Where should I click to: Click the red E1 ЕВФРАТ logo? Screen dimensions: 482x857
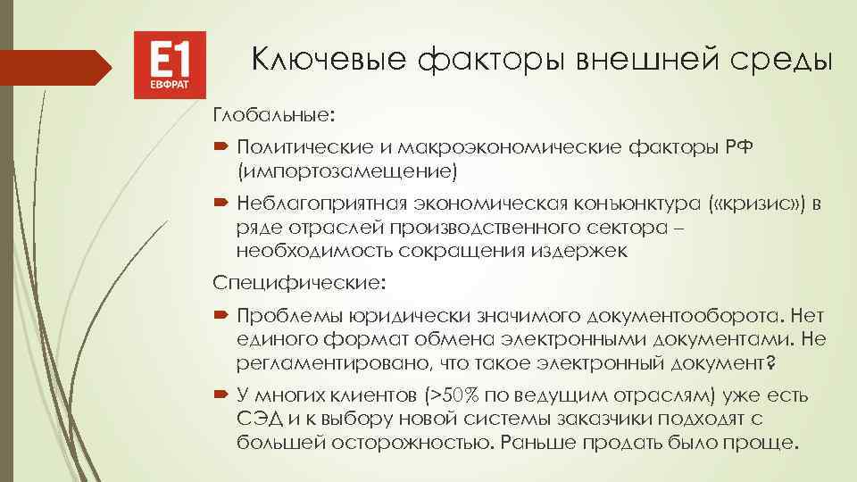[170, 65]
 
